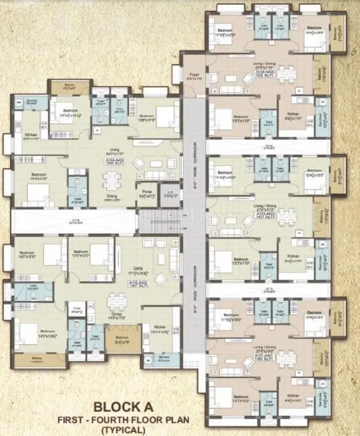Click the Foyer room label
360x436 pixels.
click(193, 77)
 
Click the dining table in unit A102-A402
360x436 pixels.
click(120, 300)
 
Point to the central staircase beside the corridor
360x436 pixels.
click(161, 221)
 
